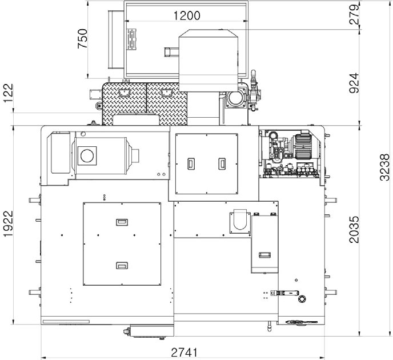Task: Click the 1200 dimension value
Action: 187,15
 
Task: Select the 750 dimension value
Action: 82,39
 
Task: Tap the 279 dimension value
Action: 354,14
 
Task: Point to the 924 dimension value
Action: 354,83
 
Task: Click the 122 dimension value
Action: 8,93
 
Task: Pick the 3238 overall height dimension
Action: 385,167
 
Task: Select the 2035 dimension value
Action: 354,230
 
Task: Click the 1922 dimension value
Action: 8,223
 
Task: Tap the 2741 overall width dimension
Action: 184,353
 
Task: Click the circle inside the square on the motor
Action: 87,155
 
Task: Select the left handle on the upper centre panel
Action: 191,163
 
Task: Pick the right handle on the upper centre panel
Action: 222,163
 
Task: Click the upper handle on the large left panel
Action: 122,222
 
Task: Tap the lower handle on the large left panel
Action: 122,265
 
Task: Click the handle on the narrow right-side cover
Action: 264,255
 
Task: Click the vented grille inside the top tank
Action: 131,39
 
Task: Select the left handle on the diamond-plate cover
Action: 124,94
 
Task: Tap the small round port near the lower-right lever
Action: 302,299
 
